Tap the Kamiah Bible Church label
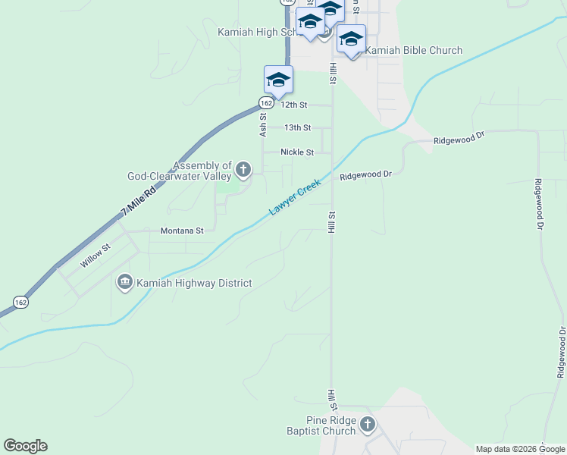(414, 51)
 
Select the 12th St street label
(294, 105)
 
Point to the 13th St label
(297, 128)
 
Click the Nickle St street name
(297, 152)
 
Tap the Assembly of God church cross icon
(243, 169)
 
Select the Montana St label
(182, 231)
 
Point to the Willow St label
(96, 255)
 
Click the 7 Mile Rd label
(138, 202)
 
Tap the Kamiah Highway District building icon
(124, 283)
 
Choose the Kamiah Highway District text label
(193, 284)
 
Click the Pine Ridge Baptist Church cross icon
(367, 425)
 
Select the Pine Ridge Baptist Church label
(330, 425)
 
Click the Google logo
(25, 446)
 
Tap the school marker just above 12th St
(278, 79)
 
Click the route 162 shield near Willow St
(21, 302)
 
